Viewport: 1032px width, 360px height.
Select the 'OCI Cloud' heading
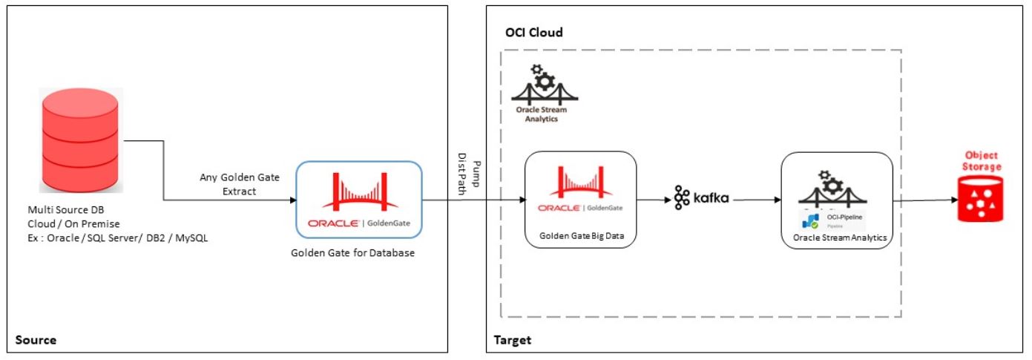pyautogui.click(x=533, y=33)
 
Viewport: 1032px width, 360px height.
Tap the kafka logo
pyautogui.click(x=701, y=198)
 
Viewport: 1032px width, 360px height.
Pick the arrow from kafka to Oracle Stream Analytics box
pyautogui.click(x=755, y=200)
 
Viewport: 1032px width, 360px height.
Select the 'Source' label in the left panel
pyautogui.click(x=36, y=341)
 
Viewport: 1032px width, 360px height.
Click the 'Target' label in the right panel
pyautogui.click(x=513, y=341)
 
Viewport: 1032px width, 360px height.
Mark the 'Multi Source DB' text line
pyautogui.click(x=60, y=210)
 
